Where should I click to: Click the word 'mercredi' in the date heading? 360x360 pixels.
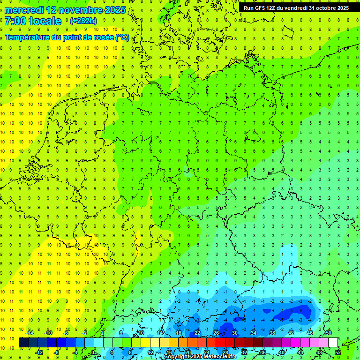[x=23, y=10]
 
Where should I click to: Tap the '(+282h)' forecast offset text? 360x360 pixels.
[x=83, y=21]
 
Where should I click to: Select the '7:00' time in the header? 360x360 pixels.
[x=15, y=21]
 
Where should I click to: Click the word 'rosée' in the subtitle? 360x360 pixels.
[x=99, y=37]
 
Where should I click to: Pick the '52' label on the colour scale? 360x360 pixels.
[x=338, y=352]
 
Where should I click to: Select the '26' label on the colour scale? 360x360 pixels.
[x=216, y=333]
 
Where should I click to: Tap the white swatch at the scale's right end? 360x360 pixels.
[x=333, y=343]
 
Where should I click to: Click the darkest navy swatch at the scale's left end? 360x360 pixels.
[x=23, y=343]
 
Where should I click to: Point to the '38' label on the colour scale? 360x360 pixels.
[x=272, y=333]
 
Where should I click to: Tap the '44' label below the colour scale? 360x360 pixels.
[x=300, y=352]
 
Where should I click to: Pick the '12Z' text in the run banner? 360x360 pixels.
[x=273, y=8]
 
